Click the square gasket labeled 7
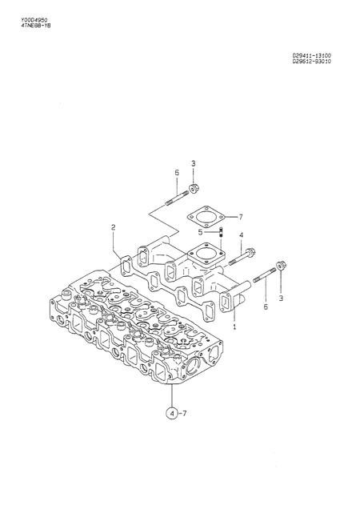(x=204, y=215)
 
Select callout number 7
(x=239, y=216)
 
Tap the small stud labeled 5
(x=219, y=233)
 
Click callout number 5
(x=201, y=233)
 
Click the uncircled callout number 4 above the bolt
(x=241, y=234)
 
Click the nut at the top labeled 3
(x=193, y=190)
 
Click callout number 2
(x=113, y=227)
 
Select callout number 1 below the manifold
(x=234, y=327)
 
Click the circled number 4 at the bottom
(x=170, y=414)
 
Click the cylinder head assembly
(x=136, y=328)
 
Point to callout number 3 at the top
(x=193, y=164)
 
